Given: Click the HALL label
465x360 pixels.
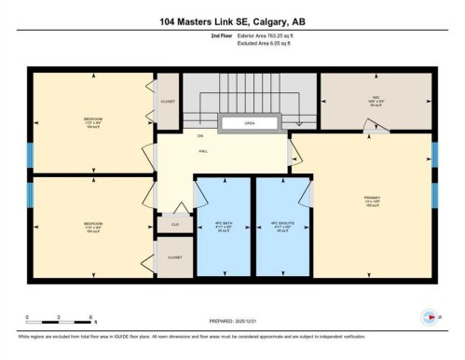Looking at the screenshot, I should point(202,149).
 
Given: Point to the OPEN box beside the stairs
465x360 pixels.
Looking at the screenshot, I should point(249,122).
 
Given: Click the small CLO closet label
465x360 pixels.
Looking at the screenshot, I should point(174,224).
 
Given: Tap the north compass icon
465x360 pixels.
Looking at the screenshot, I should point(430,318).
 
